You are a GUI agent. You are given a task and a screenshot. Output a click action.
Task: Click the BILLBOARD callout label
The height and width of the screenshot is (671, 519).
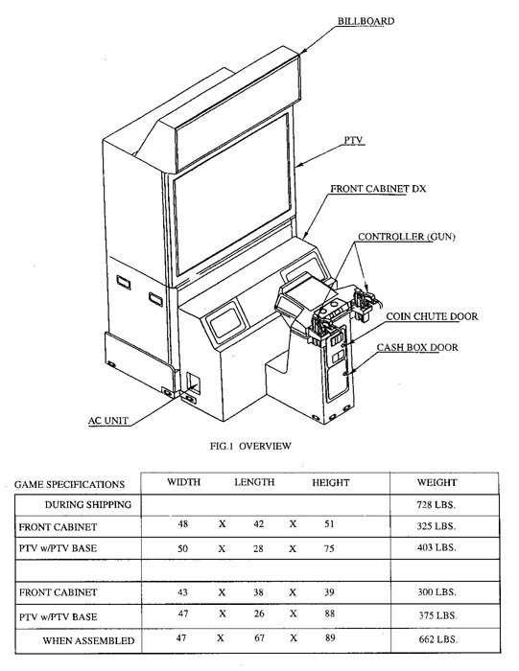366,21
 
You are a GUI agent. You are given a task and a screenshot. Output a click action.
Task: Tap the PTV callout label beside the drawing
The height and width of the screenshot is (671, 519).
353,140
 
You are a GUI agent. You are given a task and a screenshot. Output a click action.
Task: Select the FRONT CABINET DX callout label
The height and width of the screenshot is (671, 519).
378,189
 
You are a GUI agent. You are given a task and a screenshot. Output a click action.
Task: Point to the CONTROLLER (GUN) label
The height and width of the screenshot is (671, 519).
407,237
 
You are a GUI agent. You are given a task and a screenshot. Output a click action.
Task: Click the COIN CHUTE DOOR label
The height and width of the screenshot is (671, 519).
432,316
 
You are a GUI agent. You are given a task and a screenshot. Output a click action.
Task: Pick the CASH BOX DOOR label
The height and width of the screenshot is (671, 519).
417,347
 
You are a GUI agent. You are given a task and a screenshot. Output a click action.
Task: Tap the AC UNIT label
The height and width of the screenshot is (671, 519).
107,421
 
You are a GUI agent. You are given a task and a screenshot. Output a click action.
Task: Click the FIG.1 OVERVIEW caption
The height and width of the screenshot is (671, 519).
250,446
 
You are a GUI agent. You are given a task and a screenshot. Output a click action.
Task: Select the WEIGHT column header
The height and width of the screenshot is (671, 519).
436,483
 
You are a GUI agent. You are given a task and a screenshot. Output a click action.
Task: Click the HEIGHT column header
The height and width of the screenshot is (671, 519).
331,483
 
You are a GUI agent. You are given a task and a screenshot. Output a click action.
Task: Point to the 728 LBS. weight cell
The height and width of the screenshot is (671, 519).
436,504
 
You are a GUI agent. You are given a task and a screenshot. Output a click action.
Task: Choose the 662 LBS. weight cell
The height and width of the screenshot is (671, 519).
438,639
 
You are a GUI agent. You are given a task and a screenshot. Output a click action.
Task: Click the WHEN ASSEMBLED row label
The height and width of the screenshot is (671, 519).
88,640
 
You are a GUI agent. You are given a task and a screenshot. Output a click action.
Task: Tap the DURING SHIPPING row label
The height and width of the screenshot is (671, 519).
88,504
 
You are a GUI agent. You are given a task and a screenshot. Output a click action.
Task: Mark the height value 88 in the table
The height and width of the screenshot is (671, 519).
329,613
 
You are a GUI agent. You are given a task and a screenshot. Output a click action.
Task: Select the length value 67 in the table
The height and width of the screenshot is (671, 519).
259,638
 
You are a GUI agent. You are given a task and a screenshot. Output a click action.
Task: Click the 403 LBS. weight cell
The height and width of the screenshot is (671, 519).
436,547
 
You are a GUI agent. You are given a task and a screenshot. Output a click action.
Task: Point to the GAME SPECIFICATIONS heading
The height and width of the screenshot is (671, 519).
69,484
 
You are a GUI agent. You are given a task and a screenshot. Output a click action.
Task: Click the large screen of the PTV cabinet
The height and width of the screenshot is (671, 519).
232,195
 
